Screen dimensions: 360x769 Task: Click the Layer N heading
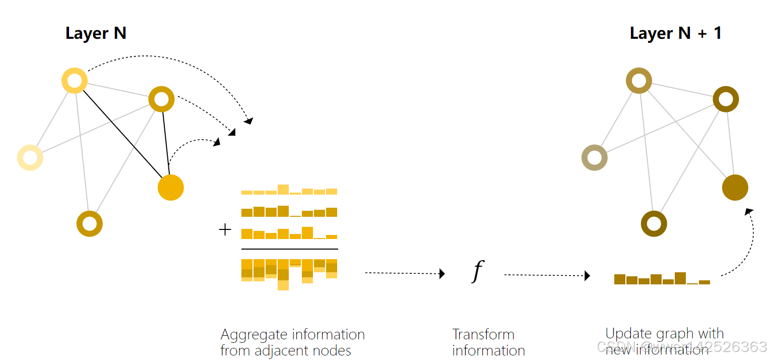tap(96, 33)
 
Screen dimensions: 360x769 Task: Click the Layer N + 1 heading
tap(675, 33)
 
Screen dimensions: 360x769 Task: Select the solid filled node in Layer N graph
tap(171, 188)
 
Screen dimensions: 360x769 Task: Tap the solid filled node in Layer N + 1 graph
tap(735, 188)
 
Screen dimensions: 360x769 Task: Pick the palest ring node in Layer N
tap(30, 157)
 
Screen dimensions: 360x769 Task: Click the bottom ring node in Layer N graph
tap(90, 224)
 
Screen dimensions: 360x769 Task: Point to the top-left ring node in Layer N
tap(75, 81)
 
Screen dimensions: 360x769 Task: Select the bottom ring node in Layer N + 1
tap(654, 224)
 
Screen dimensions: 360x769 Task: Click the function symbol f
tap(477, 272)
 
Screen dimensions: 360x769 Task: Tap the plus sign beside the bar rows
tap(225, 230)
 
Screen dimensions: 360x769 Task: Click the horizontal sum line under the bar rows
tap(289, 249)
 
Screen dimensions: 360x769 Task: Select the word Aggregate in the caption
tap(252, 335)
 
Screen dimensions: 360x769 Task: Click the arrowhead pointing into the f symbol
tap(442, 274)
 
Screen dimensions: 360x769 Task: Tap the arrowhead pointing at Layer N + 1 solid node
tap(749, 211)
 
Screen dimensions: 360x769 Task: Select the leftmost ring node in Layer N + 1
tap(595, 157)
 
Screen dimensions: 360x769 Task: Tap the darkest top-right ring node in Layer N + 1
tap(726, 99)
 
